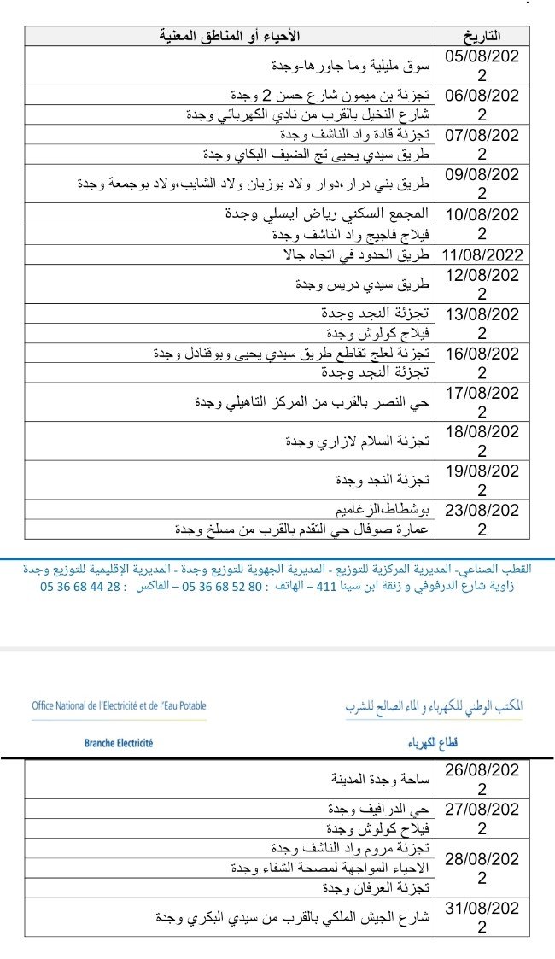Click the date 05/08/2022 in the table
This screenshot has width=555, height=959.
[482, 64]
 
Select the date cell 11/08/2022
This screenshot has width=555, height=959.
[482, 254]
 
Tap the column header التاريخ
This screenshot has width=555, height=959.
[482, 36]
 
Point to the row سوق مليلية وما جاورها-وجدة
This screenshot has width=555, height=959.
[352, 65]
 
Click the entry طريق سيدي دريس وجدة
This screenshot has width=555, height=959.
[361, 284]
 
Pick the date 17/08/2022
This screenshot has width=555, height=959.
[482, 401]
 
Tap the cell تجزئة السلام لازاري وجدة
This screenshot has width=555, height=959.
[356, 441]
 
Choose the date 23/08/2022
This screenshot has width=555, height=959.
[482, 519]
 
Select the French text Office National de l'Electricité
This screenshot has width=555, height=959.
[119, 706]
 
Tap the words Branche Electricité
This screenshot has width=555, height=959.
[119, 743]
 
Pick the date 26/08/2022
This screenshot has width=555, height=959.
[482, 779]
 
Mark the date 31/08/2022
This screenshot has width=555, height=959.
[482, 918]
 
